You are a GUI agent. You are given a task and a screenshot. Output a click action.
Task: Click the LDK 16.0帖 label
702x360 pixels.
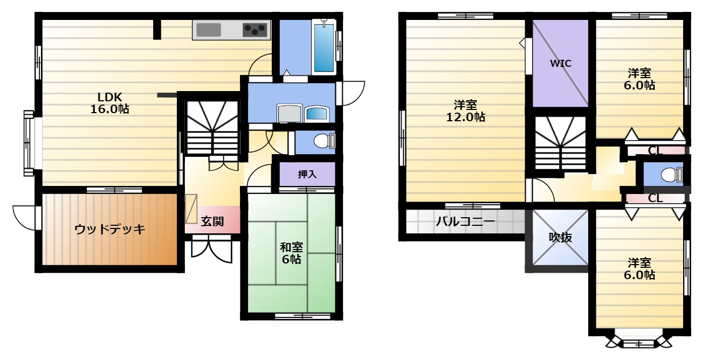click(x=109, y=103)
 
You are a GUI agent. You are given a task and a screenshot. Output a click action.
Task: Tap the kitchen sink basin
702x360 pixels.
click(x=209, y=30)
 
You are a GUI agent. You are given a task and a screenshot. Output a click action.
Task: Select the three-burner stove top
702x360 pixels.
click(x=255, y=30)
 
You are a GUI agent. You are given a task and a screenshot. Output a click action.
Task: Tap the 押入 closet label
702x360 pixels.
click(x=307, y=174)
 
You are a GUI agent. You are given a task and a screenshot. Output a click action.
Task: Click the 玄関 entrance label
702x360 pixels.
click(x=212, y=221)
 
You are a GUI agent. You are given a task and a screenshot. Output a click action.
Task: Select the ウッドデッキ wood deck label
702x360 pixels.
click(x=110, y=230)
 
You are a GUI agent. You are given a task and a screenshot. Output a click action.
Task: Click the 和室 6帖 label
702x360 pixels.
click(x=291, y=253)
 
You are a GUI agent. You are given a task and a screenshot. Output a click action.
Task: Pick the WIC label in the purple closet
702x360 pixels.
click(x=561, y=64)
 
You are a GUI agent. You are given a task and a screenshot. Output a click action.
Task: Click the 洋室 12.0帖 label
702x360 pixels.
click(x=465, y=110)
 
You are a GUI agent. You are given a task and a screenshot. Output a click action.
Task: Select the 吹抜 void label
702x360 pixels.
click(x=560, y=238)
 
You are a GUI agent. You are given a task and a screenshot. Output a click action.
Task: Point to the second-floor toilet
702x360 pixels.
click(x=672, y=175)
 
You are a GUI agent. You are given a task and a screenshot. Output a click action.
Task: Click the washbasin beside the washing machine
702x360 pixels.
click(x=316, y=113)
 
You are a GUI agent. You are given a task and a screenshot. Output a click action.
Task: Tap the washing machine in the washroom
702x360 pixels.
click(x=290, y=113)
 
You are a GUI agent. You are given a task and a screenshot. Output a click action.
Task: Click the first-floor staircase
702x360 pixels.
click(x=212, y=128)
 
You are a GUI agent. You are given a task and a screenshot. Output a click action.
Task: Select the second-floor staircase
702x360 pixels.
click(x=560, y=143)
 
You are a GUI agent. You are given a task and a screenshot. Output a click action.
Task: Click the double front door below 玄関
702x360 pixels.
click(x=212, y=248)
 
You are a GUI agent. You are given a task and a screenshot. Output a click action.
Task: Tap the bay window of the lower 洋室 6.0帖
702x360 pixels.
click(x=639, y=340)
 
